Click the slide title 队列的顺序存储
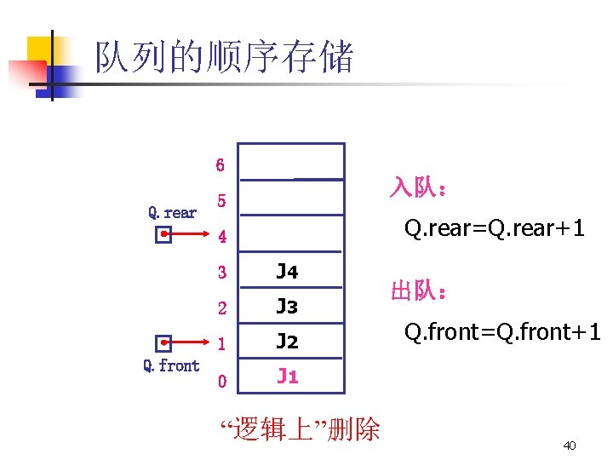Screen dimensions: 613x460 (x=223, y=58)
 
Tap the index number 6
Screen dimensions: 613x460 (x=221, y=164)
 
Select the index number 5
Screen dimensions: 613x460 (x=221, y=202)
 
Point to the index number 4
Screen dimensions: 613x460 (x=221, y=236)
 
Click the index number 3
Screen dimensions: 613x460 (x=221, y=273)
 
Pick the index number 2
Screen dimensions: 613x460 (x=221, y=307)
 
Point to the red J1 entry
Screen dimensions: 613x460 (x=288, y=377)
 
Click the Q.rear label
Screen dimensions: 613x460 (x=172, y=212)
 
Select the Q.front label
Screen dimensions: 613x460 (x=171, y=365)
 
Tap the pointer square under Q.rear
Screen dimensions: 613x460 (x=163, y=236)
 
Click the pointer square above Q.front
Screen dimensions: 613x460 (x=165, y=342)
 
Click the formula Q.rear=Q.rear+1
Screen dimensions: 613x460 (x=494, y=228)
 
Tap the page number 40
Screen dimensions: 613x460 (x=570, y=446)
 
